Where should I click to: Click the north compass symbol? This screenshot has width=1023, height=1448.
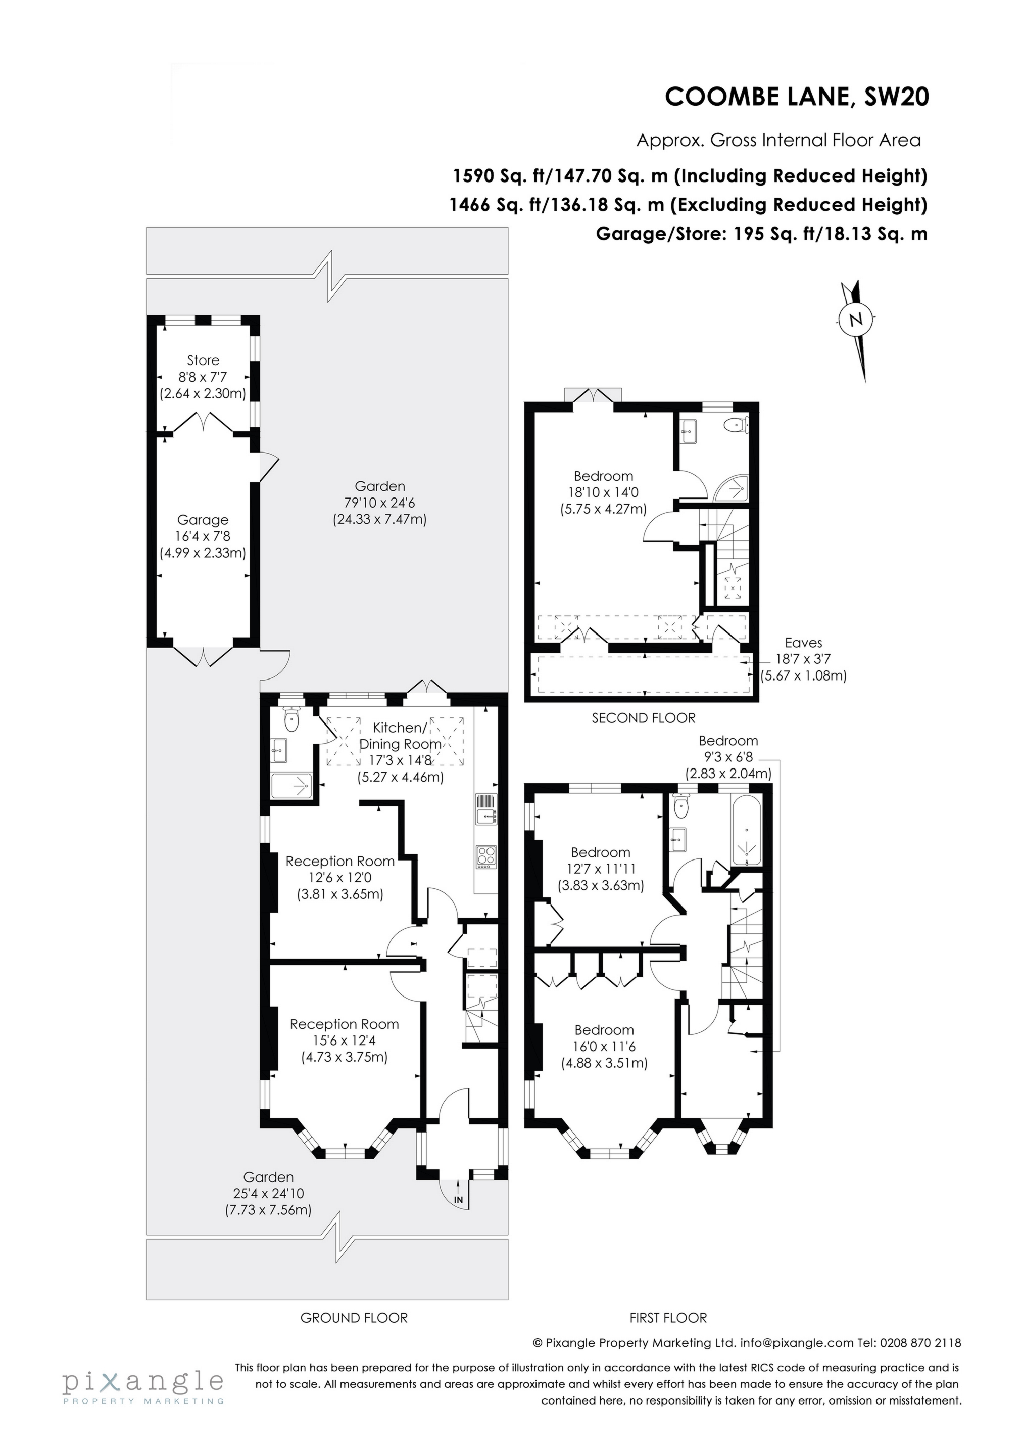[855, 321]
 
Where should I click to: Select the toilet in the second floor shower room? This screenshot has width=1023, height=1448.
[736, 426]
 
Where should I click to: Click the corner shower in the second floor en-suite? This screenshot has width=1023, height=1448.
[735, 488]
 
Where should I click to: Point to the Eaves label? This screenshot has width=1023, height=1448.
[803, 642]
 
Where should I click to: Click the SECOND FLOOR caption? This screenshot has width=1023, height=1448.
[643, 718]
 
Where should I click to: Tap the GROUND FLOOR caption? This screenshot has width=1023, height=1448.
[354, 1318]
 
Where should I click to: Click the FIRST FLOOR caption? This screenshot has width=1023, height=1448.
[668, 1318]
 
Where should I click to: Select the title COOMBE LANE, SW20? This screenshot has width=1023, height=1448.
[797, 97]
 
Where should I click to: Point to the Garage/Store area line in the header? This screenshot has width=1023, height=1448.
[761, 234]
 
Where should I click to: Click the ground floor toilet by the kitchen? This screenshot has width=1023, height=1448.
[291, 718]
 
